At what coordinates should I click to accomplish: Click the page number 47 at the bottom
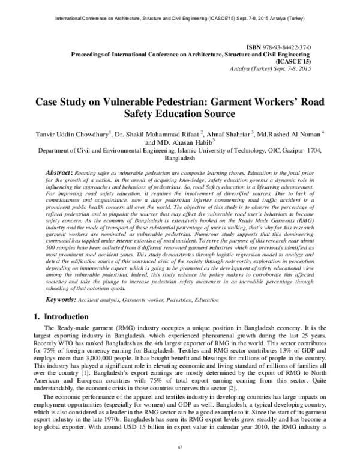pyautogui.click(x=179, y=448)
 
